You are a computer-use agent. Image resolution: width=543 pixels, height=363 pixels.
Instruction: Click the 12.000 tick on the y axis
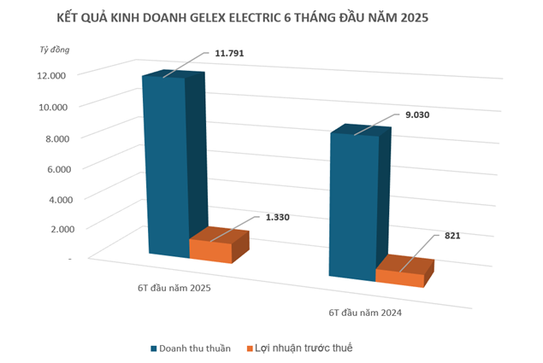52,75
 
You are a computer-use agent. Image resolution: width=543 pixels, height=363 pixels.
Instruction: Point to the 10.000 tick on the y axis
52,106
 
